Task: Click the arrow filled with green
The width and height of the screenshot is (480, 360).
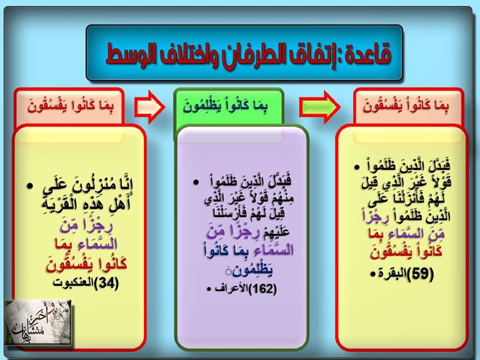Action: (319, 107)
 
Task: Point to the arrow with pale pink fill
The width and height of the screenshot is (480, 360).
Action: (149, 107)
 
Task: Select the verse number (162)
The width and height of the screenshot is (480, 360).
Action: (262, 288)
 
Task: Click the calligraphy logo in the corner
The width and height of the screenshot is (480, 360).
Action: (38, 322)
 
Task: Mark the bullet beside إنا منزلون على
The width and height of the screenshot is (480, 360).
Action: (29, 186)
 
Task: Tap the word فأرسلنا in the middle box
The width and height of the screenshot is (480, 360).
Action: (260, 212)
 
